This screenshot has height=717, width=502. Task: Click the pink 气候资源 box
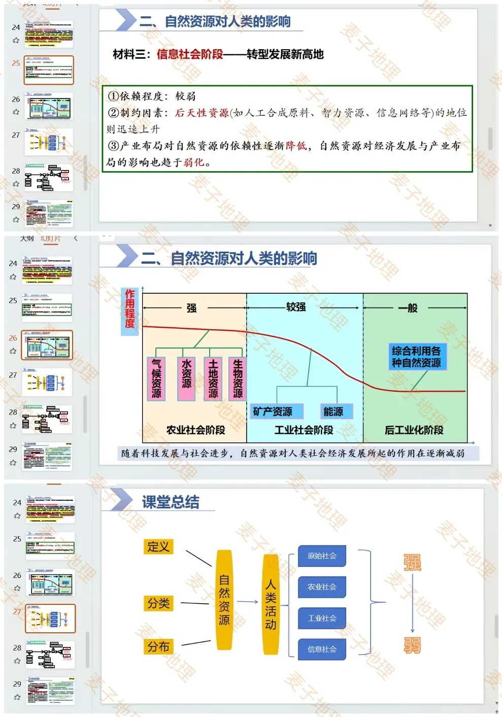[156, 379]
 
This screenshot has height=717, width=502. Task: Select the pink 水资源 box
[186, 379]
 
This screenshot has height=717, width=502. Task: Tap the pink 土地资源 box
[213, 379]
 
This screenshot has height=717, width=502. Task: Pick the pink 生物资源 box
[238, 379]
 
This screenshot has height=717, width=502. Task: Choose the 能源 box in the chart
[333, 411]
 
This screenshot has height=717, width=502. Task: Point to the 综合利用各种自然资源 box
[416, 357]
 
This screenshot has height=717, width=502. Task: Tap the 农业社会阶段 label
[195, 430]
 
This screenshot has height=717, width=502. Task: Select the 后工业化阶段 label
[414, 430]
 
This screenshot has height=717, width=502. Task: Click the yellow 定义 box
[158, 547]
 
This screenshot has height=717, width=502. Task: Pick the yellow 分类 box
[158, 603]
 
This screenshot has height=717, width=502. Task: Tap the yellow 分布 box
[158, 646]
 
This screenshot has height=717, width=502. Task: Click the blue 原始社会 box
[322, 556]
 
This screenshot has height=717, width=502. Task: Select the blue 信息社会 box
[322, 650]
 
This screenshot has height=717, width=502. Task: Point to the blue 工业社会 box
[322, 619]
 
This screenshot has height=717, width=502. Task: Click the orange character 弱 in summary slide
[412, 645]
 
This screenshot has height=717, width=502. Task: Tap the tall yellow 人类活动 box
[271, 604]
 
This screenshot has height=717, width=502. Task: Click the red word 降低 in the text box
[296, 146]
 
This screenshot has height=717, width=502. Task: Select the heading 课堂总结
[171, 502]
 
